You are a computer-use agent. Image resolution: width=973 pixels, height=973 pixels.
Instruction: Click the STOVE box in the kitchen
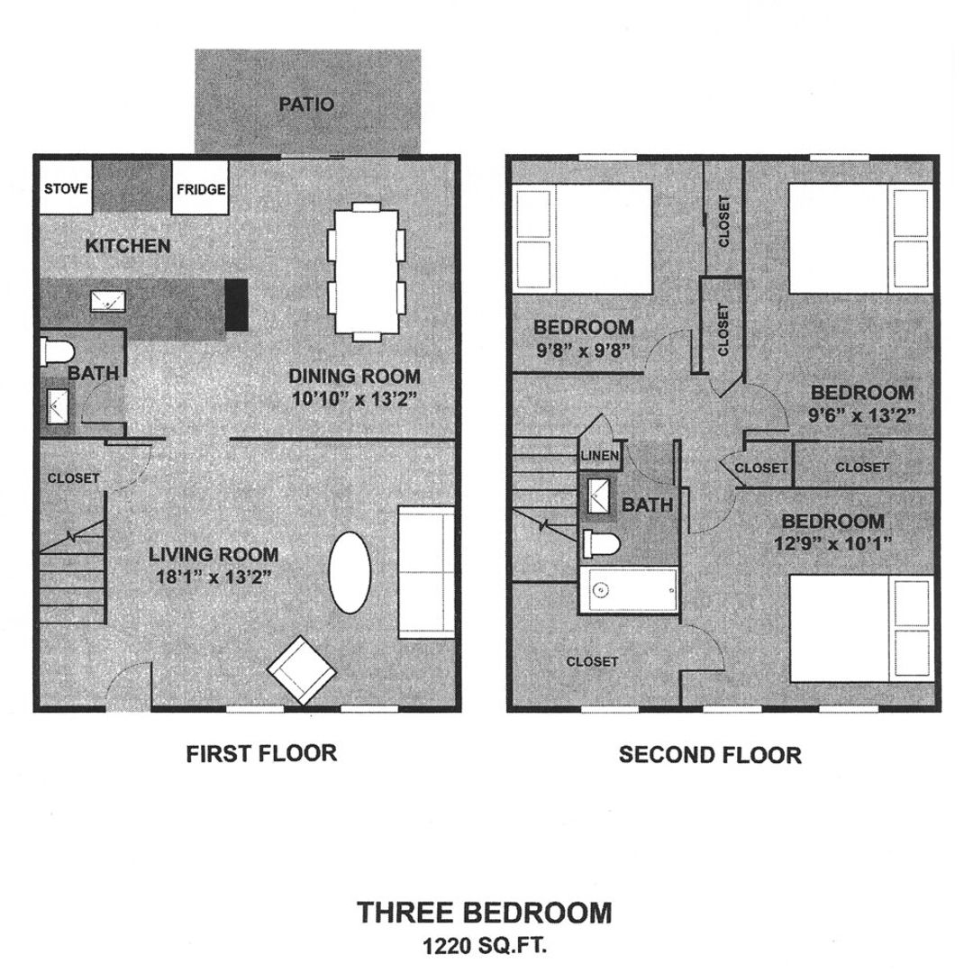coord(66,188)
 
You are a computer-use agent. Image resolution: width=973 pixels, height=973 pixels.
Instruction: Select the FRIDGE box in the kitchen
coord(199,189)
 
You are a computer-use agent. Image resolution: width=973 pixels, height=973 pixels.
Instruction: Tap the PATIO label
coord(306,105)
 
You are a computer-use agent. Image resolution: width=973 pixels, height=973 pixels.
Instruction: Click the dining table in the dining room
coord(367,271)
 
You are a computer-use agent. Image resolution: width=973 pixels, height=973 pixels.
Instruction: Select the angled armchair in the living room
coord(301,669)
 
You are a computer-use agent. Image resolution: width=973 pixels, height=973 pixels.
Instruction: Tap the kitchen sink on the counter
coord(107,301)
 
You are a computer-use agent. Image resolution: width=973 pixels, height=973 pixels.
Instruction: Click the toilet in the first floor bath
coord(56,352)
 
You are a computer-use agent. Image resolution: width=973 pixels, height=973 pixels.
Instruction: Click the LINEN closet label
coord(600,456)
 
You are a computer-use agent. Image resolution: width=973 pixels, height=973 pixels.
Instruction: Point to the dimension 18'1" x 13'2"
coord(213,578)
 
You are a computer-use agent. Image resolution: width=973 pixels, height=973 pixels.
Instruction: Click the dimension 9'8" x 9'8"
coord(583,352)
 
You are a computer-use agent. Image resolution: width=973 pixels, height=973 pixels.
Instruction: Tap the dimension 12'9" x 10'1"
coord(831,544)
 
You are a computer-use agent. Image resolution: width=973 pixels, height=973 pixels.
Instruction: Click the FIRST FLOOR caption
coord(261,753)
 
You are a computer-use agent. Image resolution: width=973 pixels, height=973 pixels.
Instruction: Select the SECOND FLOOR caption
coord(709,754)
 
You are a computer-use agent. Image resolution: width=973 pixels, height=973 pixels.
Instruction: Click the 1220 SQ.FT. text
coord(486,946)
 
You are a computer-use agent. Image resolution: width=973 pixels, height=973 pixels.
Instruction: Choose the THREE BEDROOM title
coord(485,913)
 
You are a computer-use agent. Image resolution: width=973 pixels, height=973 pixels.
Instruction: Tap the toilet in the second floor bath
coord(601,543)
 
